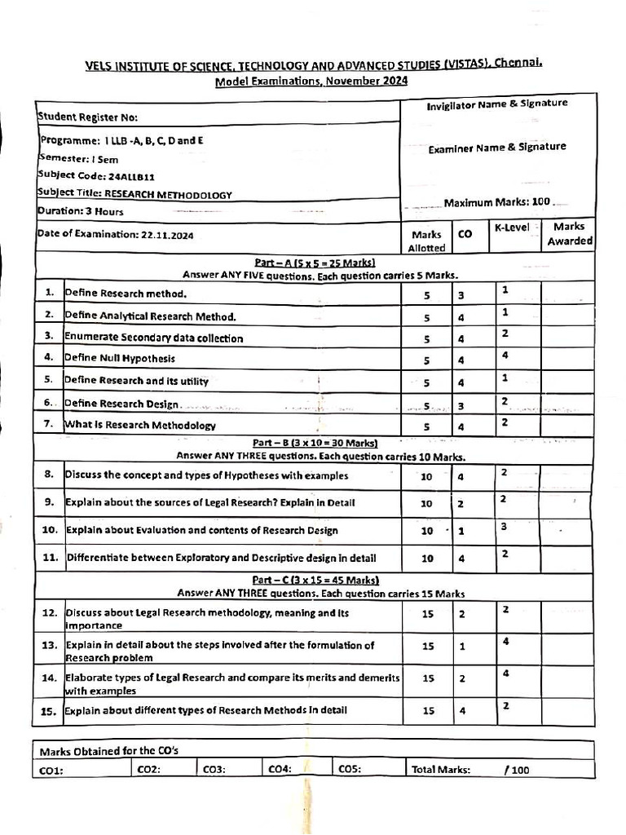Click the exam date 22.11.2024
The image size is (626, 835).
click(x=165, y=235)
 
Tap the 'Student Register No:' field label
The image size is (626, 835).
click(x=82, y=117)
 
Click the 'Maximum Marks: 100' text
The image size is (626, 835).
click(x=497, y=201)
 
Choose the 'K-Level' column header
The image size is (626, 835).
click(x=512, y=227)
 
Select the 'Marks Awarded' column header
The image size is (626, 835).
click(x=569, y=234)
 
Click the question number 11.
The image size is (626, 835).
click(x=50, y=559)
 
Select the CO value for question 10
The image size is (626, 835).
click(x=461, y=531)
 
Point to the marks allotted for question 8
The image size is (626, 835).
click(x=426, y=476)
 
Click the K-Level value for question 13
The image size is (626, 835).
click(x=505, y=641)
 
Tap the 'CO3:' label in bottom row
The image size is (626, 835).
click(x=214, y=768)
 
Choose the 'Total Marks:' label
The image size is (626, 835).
click(x=441, y=768)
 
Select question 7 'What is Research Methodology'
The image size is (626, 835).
click(x=140, y=425)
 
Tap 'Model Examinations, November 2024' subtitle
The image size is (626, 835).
click(x=311, y=81)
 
